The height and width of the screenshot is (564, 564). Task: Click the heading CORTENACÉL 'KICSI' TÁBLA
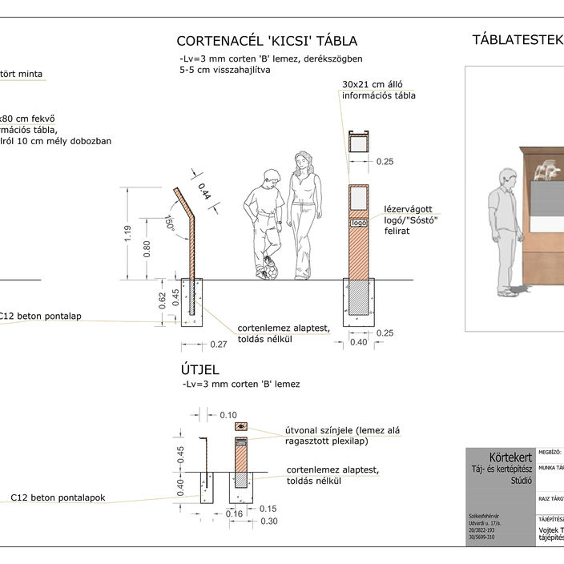click(267, 41)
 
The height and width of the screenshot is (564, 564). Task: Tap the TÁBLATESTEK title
click(517, 40)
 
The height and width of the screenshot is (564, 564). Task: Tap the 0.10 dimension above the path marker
click(228, 415)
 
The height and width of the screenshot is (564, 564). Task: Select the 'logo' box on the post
click(358, 223)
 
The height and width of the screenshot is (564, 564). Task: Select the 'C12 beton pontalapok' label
click(58, 498)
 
